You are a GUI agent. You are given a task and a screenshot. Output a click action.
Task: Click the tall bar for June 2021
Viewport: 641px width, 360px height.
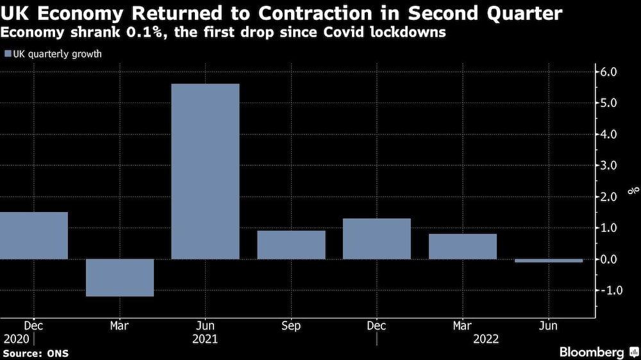(205, 171)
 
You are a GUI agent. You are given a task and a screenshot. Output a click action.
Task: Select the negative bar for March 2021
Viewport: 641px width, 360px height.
(120, 277)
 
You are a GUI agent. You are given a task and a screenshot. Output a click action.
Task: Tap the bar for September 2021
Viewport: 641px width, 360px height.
(291, 245)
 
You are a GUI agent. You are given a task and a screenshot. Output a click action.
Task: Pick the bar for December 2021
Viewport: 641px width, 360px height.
(377, 238)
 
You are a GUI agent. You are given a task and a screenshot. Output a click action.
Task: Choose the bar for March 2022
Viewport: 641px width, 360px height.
(463, 246)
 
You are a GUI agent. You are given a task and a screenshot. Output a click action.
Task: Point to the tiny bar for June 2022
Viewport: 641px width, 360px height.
(549, 261)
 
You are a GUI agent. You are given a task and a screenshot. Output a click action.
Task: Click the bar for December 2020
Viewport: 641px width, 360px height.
(33, 235)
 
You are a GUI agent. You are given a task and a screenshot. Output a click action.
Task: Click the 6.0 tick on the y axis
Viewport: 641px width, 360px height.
(608, 72)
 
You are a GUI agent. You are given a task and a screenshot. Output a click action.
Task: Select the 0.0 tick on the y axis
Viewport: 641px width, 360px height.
(608, 259)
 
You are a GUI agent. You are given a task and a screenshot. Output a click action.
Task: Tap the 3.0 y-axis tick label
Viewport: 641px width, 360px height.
(608, 166)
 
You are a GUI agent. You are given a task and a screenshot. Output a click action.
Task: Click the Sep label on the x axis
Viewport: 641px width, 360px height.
(291, 326)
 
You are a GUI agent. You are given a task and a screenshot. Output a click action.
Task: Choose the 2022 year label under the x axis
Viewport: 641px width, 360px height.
(485, 339)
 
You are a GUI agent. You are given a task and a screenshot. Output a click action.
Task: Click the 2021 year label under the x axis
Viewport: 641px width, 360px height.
(205, 339)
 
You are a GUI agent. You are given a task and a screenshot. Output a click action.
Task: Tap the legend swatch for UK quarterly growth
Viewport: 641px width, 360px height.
(7, 54)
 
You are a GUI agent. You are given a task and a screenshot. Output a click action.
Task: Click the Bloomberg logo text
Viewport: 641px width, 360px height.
(591, 352)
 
